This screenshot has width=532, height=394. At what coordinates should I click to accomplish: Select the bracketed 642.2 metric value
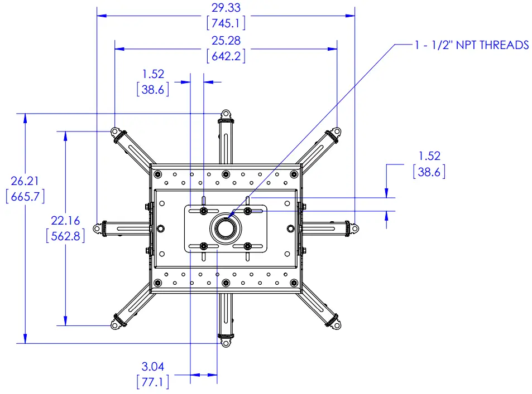(226, 56)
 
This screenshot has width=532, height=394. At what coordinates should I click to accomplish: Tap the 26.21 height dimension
(25, 181)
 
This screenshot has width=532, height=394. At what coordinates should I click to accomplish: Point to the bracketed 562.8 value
(66, 236)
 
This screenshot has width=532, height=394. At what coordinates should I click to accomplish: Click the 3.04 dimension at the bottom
(153, 367)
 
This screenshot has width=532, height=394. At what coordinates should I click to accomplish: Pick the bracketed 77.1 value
(153, 382)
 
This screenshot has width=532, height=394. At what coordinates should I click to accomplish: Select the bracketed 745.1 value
(226, 23)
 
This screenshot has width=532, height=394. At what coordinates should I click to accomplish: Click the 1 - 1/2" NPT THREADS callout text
(472, 45)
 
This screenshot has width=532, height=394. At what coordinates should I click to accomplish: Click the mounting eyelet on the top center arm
(226, 115)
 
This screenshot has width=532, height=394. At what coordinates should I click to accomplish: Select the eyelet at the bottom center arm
(226, 342)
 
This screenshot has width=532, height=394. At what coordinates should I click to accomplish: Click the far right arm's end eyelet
(353, 228)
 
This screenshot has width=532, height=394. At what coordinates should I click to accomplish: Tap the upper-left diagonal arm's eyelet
(115, 133)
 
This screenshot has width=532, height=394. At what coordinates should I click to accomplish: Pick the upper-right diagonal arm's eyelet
(336, 133)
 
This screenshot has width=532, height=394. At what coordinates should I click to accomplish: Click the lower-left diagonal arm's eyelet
(115, 324)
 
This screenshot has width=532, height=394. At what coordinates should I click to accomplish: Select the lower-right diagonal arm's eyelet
(336, 324)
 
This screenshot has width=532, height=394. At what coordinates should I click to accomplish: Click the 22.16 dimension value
(66, 220)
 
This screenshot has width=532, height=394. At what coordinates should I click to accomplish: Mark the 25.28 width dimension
(226, 40)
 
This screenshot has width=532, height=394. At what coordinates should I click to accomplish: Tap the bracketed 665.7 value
(25, 197)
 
